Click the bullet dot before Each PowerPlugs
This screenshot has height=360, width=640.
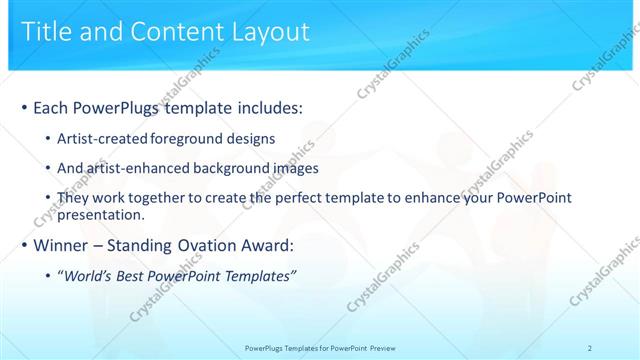coord(24,107)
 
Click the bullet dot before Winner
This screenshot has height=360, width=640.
coord(24,245)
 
